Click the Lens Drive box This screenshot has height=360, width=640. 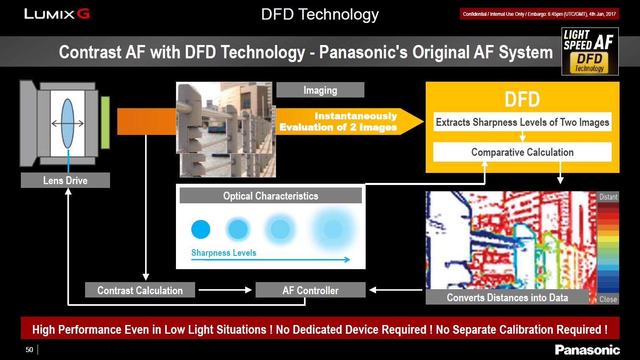tap(65, 180)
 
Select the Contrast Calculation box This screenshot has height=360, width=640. tap(140, 290)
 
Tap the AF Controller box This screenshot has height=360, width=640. tap(311, 290)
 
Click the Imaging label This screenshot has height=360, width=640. tap(320, 90)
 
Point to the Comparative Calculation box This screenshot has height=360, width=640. tap(522, 152)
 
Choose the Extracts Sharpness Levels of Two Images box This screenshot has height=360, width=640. tap(522, 122)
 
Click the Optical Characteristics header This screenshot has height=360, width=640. tap(271, 195)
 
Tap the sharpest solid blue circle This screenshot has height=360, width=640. tap(201, 229)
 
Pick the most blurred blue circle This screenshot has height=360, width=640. tap(333, 229)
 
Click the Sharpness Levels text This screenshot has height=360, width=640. tap(224, 252)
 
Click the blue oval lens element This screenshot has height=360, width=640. tap(68, 123)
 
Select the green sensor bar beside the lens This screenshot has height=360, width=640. tap(105, 122)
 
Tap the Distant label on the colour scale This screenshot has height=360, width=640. tap(608, 197)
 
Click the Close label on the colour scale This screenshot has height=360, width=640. tap(608, 299)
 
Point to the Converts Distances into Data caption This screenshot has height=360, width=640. tap(507, 297)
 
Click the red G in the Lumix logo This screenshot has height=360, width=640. tap(83, 13)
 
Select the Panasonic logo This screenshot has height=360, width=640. tap(587, 350)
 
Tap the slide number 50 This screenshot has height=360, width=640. tap(29, 350)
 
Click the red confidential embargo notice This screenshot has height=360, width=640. tap(540, 14)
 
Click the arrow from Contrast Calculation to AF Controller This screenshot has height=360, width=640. tap(225, 290)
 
